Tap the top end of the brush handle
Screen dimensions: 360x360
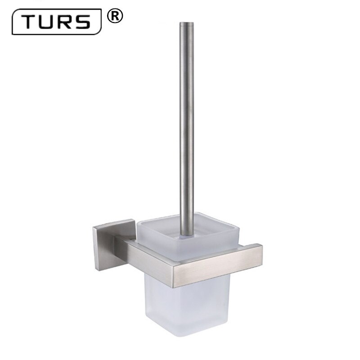(x=185, y=23)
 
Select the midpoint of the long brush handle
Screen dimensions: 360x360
(x=185, y=128)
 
